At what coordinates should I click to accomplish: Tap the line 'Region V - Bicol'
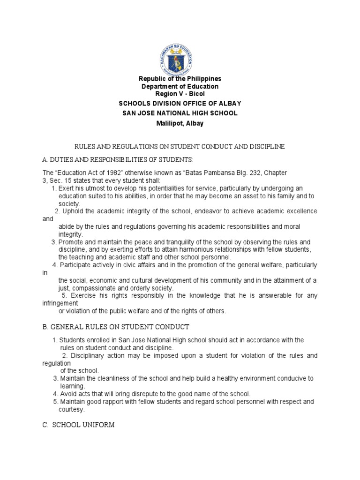tap(180, 94)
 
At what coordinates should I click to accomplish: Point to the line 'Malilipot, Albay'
tap(180, 123)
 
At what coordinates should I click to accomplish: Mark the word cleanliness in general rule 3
tap(127, 378)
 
